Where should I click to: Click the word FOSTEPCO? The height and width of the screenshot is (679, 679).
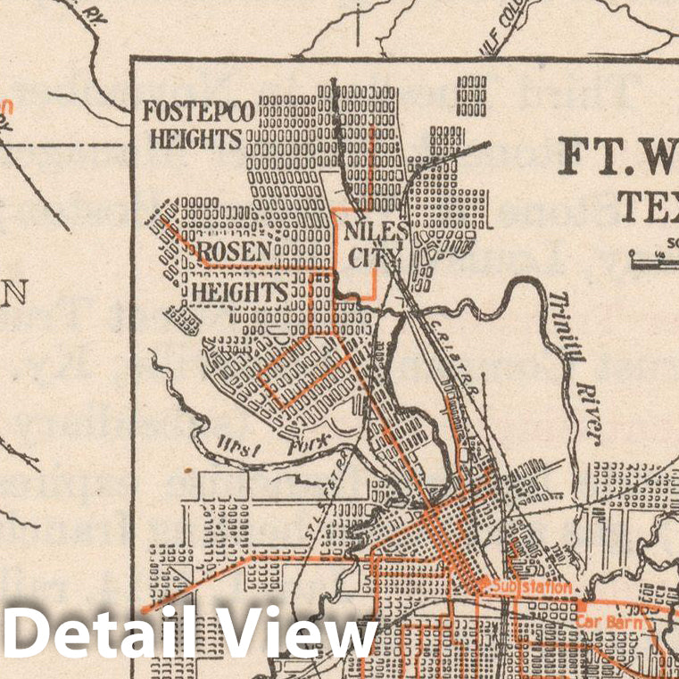(x=199, y=112)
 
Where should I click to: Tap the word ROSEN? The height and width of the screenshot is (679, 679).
(x=233, y=253)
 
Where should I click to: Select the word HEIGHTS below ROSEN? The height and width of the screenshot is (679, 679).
(x=238, y=292)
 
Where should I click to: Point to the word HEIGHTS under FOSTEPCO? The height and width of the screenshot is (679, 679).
(x=195, y=138)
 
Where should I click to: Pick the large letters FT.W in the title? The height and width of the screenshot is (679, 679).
(x=616, y=157)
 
